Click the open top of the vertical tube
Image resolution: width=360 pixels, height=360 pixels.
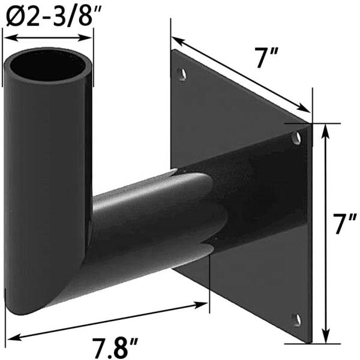point(49,67)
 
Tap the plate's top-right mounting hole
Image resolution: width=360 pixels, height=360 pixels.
point(296,139)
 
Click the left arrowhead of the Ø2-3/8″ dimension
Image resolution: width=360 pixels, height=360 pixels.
point(7,37)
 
